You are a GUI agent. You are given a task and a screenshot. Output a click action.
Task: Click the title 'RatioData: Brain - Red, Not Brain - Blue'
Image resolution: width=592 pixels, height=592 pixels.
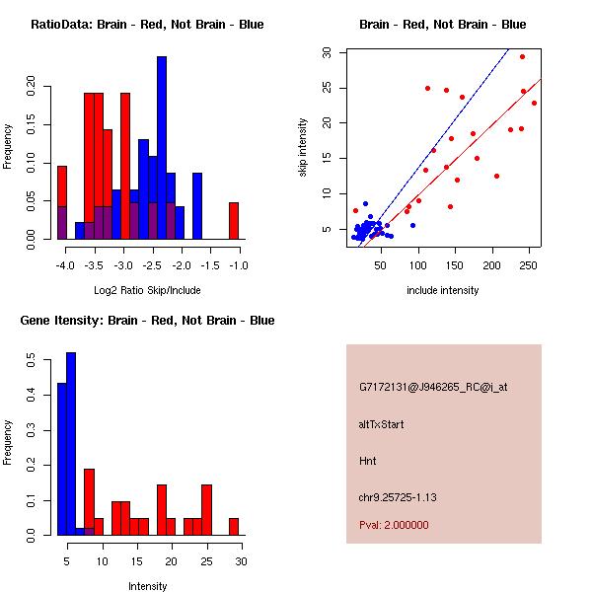coord(147,25)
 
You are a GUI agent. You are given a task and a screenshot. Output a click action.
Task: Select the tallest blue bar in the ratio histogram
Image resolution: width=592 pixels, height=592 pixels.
coord(162,148)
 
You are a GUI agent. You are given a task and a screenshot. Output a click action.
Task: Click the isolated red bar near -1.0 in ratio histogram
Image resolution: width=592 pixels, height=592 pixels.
coord(234,220)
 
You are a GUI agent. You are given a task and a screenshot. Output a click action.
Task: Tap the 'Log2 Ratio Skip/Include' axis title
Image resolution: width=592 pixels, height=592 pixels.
coord(147,290)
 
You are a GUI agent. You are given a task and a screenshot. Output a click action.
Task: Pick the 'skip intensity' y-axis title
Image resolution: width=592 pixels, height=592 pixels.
coord(303,147)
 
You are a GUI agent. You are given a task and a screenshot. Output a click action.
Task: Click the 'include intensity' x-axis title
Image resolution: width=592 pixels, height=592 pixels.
coord(442,290)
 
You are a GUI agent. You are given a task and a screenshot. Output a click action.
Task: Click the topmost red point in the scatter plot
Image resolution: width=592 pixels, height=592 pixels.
coord(522,56)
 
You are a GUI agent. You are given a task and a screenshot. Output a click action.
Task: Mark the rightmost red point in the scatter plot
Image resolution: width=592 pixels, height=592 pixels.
coord(534,103)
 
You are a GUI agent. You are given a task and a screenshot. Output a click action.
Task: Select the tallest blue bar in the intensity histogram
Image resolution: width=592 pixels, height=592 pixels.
coord(70,443)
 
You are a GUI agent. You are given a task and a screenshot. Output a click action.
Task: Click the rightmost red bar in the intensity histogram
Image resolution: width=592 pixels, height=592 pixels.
coord(234,526)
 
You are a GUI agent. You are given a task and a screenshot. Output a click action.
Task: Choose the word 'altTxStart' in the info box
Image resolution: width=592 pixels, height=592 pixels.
coord(381,424)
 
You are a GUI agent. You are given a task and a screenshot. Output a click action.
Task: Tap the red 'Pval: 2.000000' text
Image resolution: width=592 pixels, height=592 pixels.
coord(394,525)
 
